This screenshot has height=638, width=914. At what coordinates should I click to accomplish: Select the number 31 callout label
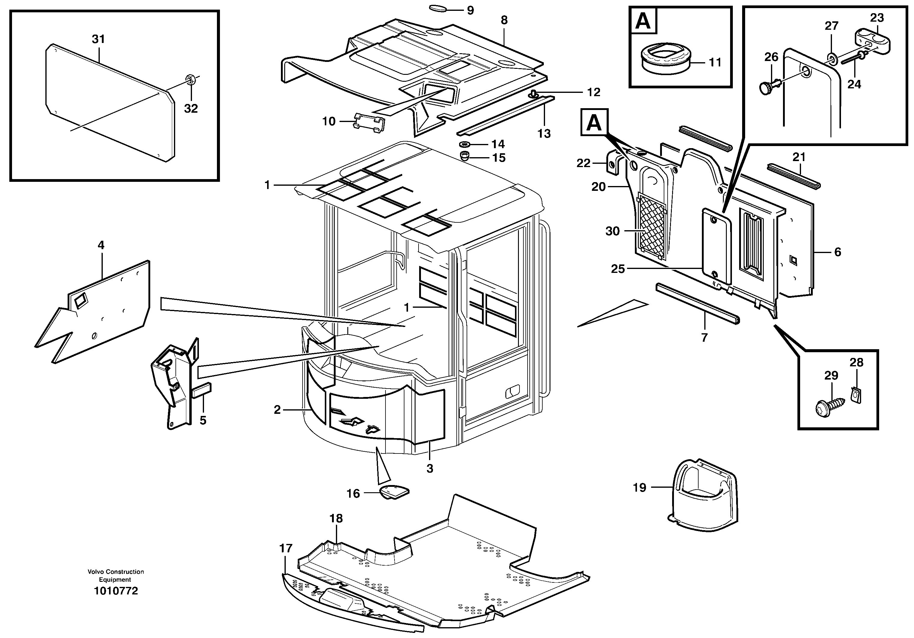(98, 39)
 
